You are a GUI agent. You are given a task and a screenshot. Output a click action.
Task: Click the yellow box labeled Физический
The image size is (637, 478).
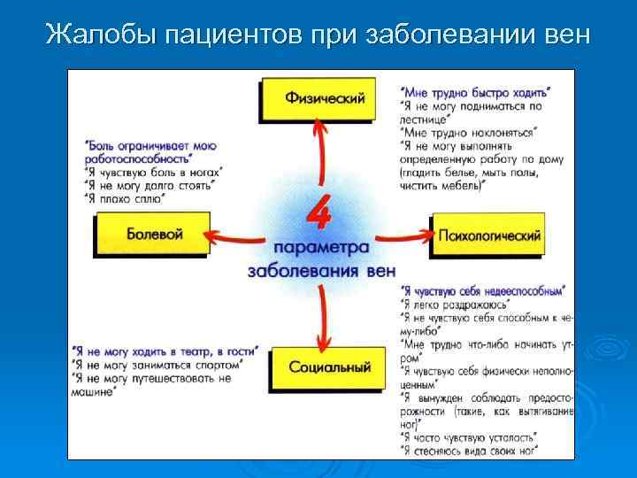[325, 99]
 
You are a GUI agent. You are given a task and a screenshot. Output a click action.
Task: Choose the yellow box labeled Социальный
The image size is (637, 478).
[328, 366]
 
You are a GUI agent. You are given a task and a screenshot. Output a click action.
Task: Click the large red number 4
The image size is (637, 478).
[320, 212]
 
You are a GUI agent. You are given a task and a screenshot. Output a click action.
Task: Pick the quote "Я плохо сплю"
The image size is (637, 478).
[125, 199]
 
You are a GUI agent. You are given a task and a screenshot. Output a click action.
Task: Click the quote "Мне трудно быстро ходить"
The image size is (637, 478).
[475, 91]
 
